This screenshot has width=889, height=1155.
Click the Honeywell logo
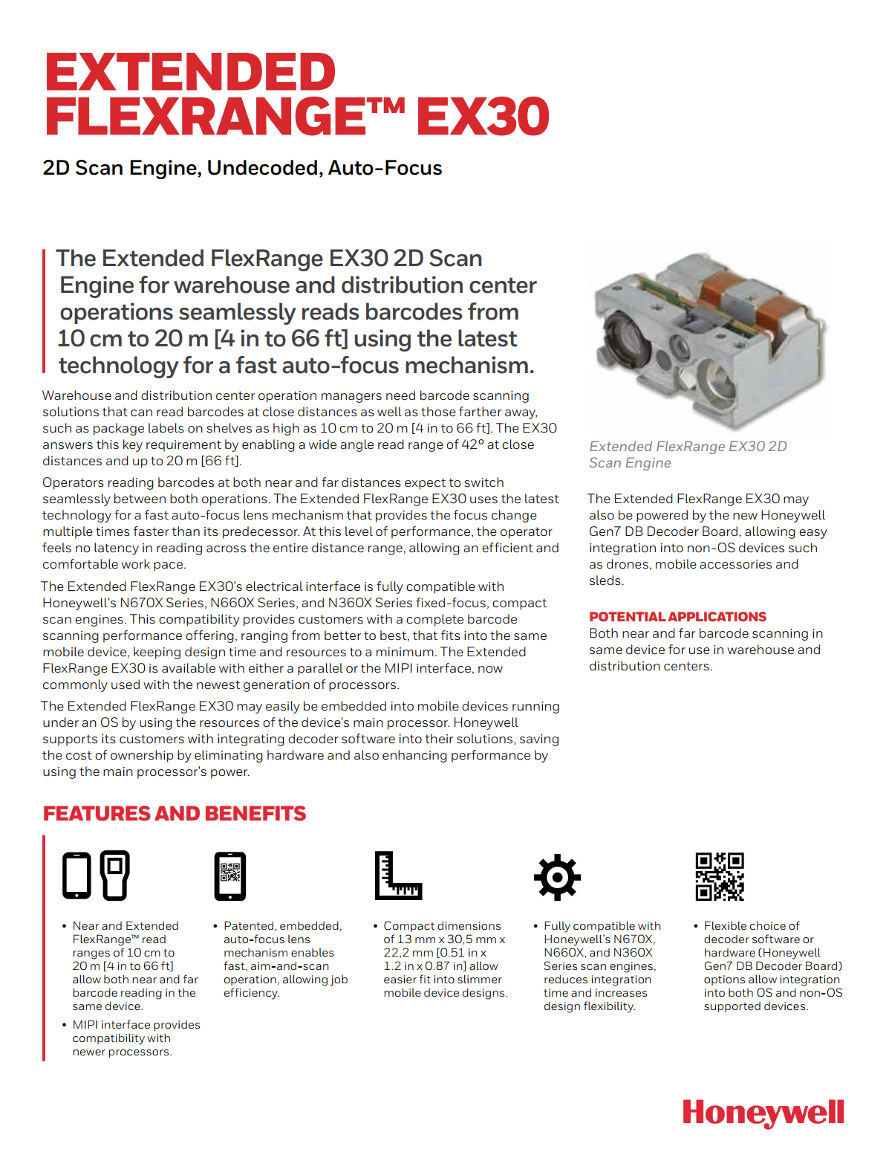(763, 1113)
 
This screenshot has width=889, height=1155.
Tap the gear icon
(557, 877)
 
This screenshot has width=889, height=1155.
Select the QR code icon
(719, 876)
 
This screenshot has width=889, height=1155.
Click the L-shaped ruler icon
(397, 876)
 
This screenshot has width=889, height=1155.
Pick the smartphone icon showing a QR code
(229, 876)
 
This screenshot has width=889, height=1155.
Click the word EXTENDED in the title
(191, 73)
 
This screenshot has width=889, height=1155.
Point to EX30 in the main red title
(483, 117)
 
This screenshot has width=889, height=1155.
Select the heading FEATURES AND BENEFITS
(175, 814)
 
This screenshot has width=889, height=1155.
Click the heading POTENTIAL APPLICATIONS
(677, 617)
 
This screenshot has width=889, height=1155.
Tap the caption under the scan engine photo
(687, 454)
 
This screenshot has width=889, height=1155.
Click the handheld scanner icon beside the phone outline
(114, 875)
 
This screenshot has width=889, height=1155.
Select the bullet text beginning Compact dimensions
(445, 959)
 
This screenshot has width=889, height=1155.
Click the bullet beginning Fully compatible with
(601, 965)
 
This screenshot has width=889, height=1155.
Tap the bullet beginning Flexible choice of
(772, 965)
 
